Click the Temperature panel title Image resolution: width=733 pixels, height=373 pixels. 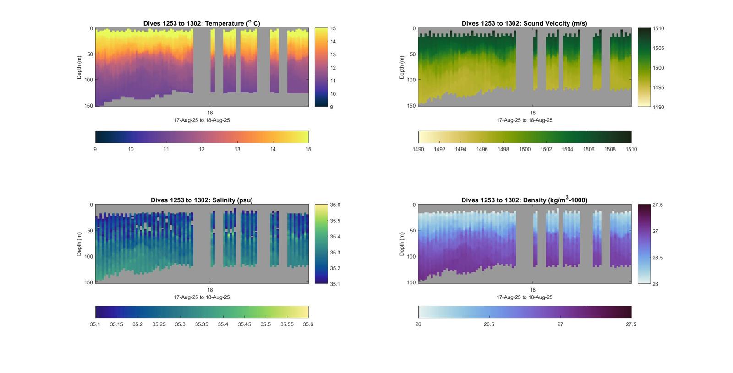(202, 23)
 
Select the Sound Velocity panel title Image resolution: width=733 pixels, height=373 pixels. (524, 23)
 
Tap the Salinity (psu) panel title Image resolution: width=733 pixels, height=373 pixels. (202, 200)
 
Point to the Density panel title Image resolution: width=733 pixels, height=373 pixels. (524, 200)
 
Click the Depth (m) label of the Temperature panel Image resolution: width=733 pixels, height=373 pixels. (79, 67)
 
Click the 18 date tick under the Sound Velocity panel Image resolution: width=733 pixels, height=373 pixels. (533, 113)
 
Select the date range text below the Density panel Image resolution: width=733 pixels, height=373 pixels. (525, 297)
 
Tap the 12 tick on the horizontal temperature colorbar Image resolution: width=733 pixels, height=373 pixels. (202, 149)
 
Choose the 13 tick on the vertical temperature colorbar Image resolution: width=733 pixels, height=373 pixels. (333, 54)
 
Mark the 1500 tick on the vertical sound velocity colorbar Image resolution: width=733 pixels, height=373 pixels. (658, 68)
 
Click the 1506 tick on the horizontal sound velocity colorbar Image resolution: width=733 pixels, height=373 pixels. (589, 149)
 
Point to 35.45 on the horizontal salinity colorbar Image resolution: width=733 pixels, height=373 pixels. (244, 324)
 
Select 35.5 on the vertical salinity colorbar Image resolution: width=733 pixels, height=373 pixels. (335, 221)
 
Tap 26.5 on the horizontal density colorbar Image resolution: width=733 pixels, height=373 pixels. (489, 324)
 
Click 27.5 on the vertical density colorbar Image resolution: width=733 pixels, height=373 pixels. (657, 205)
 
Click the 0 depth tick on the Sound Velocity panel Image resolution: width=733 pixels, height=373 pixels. (414, 28)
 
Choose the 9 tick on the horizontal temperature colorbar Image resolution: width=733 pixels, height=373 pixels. (95, 149)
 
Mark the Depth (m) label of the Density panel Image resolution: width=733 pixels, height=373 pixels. (402, 244)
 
